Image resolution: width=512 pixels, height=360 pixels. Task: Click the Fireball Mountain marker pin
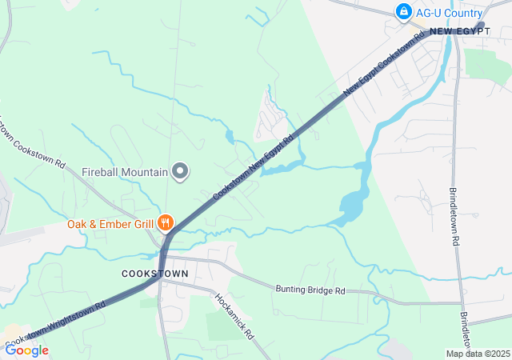click(181, 171)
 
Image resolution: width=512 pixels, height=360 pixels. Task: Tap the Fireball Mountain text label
click(125, 172)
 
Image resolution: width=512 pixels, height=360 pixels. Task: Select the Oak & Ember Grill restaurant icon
click(166, 223)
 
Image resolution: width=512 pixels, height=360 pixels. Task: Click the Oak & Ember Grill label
click(110, 224)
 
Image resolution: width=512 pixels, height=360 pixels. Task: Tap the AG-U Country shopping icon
click(404, 12)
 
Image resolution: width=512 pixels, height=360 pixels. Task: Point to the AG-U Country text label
click(449, 13)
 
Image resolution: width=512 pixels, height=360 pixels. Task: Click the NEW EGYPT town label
click(460, 31)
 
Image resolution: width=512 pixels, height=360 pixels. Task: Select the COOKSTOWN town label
click(155, 274)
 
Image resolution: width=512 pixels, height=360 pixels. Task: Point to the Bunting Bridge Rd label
click(310, 290)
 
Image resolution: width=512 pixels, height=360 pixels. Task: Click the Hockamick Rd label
click(234, 314)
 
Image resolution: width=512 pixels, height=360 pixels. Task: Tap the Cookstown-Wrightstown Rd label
click(56, 326)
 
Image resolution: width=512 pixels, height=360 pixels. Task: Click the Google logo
click(27, 350)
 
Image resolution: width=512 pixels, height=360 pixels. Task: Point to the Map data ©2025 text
click(477, 354)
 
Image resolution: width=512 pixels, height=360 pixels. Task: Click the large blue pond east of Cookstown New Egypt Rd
click(352, 207)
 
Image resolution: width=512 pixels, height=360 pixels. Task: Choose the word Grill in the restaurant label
click(143, 224)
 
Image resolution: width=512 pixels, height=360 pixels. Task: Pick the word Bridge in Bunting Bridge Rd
click(316, 290)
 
